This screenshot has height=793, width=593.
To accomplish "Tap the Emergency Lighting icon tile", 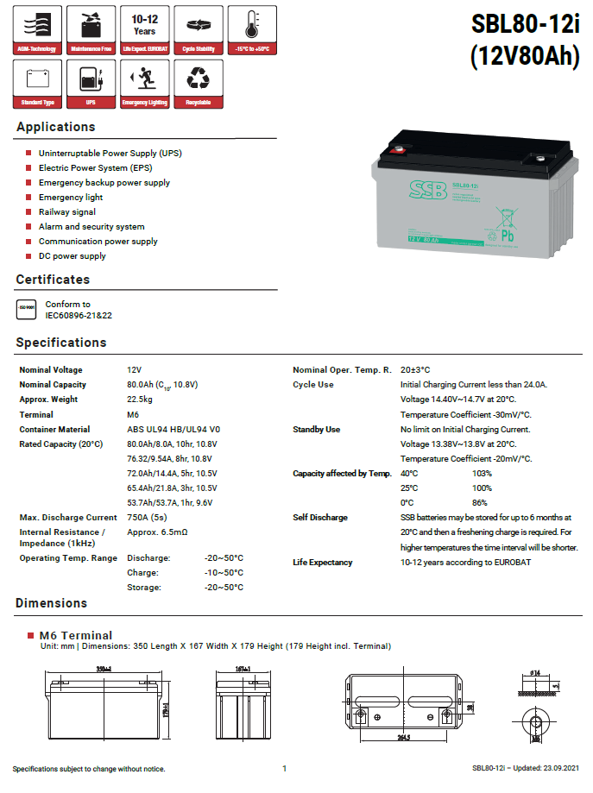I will coord(144,85).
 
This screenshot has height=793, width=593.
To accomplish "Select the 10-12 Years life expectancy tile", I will coord(144,29).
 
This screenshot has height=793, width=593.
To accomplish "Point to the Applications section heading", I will coord(55,128).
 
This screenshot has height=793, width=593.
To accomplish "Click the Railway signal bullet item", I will coord(67,212).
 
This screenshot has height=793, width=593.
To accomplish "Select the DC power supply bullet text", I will coord(73,256).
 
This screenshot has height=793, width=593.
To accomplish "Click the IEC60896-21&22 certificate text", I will coord(79,316).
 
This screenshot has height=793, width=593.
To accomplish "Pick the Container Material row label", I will coord(54,430).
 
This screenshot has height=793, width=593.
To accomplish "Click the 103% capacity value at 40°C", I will coord(482,474).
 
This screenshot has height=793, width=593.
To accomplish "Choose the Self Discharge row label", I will coord(320,518).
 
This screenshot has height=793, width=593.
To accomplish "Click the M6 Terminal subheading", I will coord(76,636).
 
